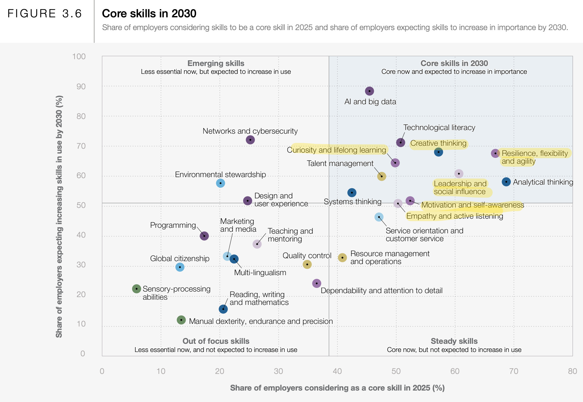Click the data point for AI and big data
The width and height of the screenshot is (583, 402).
tap(369, 91)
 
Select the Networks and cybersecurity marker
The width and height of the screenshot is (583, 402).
tap(250, 140)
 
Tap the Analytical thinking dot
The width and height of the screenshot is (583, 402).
tap(506, 182)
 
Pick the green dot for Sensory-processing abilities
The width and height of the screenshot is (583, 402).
tap(137, 289)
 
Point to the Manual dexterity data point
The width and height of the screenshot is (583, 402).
tap(181, 320)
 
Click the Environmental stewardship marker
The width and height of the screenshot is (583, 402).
tap(221, 183)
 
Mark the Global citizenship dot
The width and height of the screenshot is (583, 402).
tap(180, 267)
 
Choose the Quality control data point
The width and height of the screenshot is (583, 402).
tap(307, 264)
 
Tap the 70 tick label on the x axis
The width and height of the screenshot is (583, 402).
tap(514, 371)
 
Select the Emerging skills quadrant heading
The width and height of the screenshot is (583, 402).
tap(216, 63)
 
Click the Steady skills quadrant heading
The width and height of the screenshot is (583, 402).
tap(454, 341)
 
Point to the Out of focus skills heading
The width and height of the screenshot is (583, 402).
tap(216, 341)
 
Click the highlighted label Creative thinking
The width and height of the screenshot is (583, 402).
tap(438, 143)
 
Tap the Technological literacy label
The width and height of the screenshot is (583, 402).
tap(439, 127)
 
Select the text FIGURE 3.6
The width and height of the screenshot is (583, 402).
tap(45, 14)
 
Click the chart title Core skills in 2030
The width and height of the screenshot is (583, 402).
tap(149, 14)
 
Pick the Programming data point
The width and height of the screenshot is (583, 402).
tap(204, 236)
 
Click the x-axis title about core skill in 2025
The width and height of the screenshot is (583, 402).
tap(337, 388)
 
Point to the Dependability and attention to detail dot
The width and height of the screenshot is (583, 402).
tap(317, 283)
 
